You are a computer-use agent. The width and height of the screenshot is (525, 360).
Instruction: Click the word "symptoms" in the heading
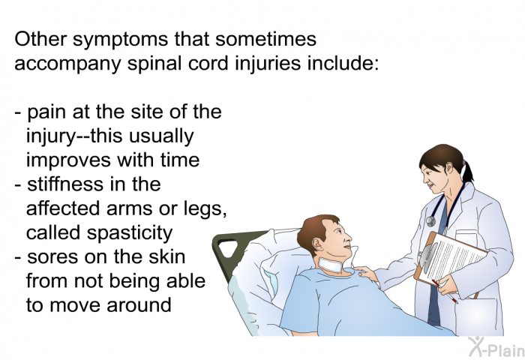click(x=120, y=40)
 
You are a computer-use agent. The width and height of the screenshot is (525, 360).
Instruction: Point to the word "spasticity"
click(x=130, y=233)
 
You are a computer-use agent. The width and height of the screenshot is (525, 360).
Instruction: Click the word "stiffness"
click(x=65, y=184)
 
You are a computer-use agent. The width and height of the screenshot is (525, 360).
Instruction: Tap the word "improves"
click(x=69, y=160)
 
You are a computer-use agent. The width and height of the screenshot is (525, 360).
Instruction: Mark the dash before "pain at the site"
click(x=18, y=112)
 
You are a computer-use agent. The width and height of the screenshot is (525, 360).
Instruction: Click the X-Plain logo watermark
click(x=496, y=346)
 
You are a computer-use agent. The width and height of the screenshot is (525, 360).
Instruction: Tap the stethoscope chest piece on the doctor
click(x=431, y=220)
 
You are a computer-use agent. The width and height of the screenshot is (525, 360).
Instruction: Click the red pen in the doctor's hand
click(x=444, y=291)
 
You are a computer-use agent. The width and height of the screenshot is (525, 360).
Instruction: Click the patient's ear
click(x=317, y=244)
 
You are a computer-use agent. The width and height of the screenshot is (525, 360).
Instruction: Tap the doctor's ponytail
click(x=467, y=170)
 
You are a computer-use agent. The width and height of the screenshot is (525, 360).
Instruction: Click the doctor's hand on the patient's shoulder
click(x=366, y=273)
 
